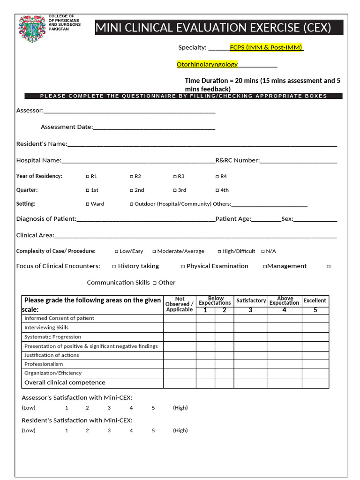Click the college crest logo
pyautogui.click(x=32, y=29)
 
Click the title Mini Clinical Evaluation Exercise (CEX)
pyautogui.click(x=213, y=28)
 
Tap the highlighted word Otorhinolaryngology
pyautogui.click(x=207, y=64)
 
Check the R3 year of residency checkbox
pyautogui.click(x=174, y=177)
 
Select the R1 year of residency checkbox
pyautogui.click(x=88, y=177)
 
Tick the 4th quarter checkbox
pyautogui.click(x=217, y=190)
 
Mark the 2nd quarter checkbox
pyautogui.click(x=131, y=190)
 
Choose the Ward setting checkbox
pyautogui.click(x=88, y=204)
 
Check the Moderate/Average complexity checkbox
pyautogui.click(x=154, y=252)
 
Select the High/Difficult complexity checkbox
pyautogui.click(x=219, y=252)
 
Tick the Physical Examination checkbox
pyautogui.click(x=183, y=266)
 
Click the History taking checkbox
pyautogui.click(x=114, y=266)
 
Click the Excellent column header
pyautogui.click(x=315, y=300)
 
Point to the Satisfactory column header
pyautogui.click(x=251, y=300)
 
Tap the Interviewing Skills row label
pyautogui.click(x=46, y=328)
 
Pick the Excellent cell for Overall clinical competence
pyautogui.click(x=315, y=383)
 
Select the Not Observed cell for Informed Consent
pyautogui.click(x=180, y=318)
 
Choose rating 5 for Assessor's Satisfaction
pyautogui.click(x=153, y=408)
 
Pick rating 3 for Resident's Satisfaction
pyautogui.click(x=109, y=430)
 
